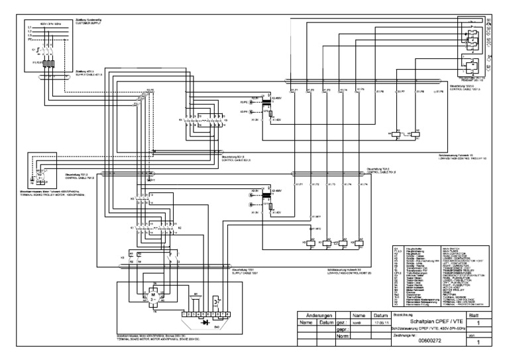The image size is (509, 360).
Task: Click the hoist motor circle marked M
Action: pos(152,295)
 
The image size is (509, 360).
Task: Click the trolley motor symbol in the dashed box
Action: pos(39,179)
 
